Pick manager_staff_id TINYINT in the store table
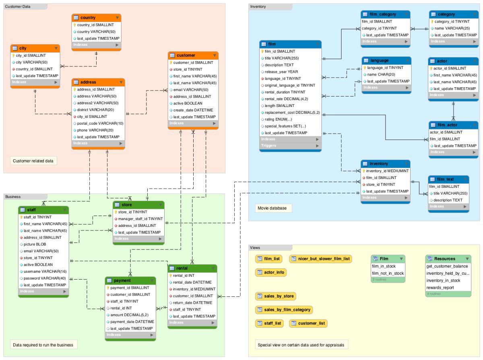tap(140, 219)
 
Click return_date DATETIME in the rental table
tap(192, 302)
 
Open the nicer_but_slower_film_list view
tap(320, 258)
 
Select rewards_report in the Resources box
tap(440, 288)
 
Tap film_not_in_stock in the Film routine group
tap(388, 274)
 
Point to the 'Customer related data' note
tap(33, 161)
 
